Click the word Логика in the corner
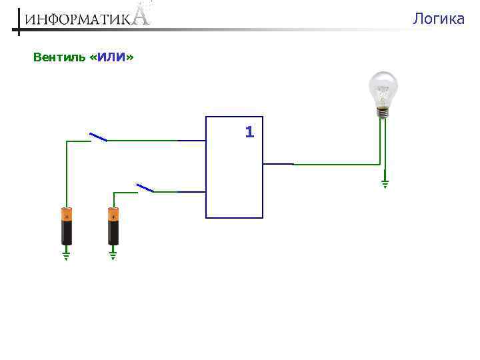tap(438, 19)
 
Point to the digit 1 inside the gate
tap(249, 132)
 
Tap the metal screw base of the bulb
tap(383, 113)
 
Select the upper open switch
tap(98, 137)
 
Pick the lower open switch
tap(145, 188)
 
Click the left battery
tap(67, 226)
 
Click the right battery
tap(113, 226)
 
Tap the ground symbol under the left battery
tap(67, 255)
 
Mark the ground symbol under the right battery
tap(113, 255)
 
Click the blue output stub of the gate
tap(279, 163)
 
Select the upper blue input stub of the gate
tap(192, 141)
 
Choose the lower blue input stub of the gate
tap(192, 192)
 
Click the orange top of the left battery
tap(67, 214)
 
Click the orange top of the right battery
tap(113, 214)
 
